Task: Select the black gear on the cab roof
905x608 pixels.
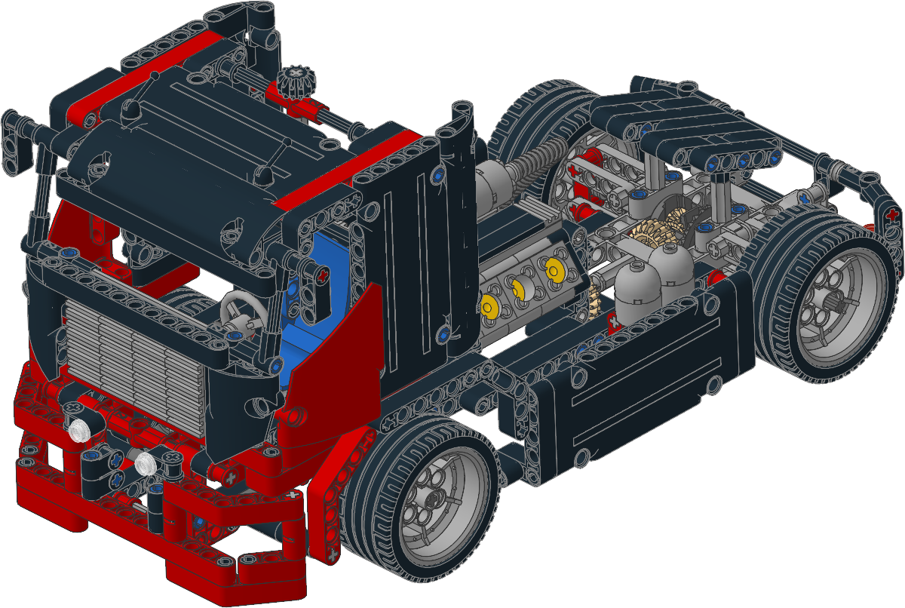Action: [x=294, y=80]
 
